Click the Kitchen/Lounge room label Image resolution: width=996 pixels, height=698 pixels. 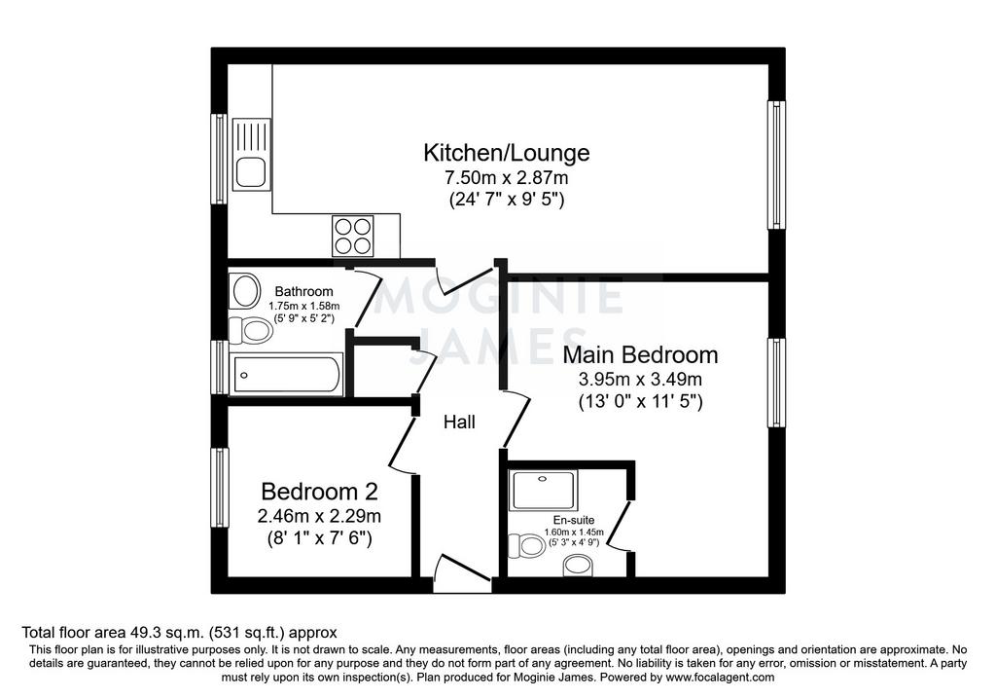(x=506, y=153)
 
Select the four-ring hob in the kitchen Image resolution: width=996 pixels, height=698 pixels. (x=352, y=236)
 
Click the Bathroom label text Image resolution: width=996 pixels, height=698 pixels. (x=303, y=292)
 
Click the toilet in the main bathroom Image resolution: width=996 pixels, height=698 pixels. (x=251, y=331)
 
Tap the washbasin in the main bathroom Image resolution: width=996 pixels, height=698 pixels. (x=245, y=290)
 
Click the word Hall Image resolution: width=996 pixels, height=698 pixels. (x=459, y=422)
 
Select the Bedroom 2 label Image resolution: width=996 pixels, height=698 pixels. (x=319, y=492)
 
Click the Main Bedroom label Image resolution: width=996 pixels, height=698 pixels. (x=640, y=354)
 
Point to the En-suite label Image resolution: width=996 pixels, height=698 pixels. (x=574, y=520)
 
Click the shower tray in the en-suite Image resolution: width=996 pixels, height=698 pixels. (x=544, y=490)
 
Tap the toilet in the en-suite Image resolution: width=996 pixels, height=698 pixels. (x=524, y=545)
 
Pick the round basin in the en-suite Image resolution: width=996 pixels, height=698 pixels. (x=579, y=566)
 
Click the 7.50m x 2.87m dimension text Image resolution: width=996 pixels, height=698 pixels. (x=506, y=177)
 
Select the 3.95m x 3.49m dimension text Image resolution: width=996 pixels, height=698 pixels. (x=640, y=380)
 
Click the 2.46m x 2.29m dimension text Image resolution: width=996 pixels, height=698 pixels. (x=319, y=516)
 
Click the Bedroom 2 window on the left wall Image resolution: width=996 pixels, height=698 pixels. (x=219, y=488)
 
